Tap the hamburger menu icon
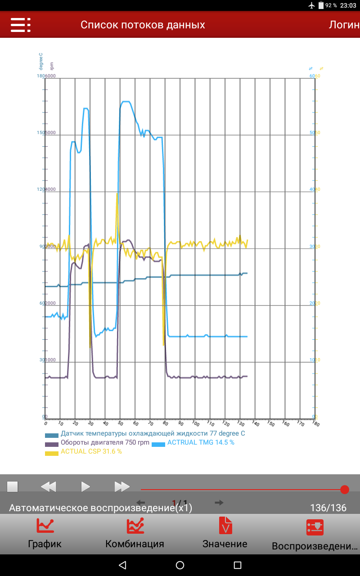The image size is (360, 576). coord(20,25)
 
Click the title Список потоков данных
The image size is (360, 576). coord(143,25)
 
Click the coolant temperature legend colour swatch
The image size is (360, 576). coord(52,435)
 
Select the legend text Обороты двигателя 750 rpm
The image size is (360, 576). coord(105,442)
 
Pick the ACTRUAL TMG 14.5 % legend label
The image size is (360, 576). coord(201,442)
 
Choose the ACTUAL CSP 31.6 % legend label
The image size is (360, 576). coord(91,451)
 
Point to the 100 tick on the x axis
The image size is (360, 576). coord(195,423)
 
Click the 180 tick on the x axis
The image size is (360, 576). coord(315,423)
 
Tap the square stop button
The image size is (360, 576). coord(12,486)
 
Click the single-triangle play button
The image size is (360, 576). coord(85,486)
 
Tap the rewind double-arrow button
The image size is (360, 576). coord(48,486)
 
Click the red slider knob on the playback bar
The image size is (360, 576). coord(345,489)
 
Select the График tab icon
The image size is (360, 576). coord(45,526)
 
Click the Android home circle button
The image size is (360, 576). coord(180,565)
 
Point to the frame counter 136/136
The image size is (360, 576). coord(328,508)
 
